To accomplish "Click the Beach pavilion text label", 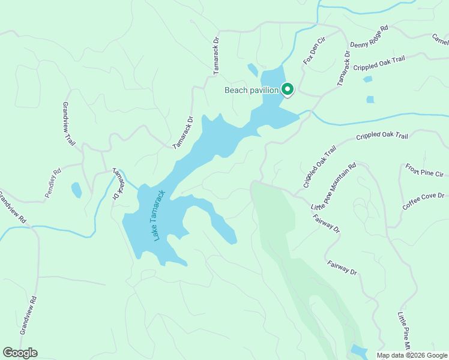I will (251, 91).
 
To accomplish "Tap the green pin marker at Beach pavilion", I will (287, 90).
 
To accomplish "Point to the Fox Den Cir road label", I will (313, 52).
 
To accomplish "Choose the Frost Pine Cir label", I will (424, 172).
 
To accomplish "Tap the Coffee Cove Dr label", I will (424, 202).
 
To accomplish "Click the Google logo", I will (20, 353).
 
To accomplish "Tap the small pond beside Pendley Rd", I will (76, 190).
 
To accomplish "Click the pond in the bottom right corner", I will (358, 351).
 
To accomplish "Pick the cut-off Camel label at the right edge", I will (440, 40).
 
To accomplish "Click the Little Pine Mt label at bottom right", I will (404, 331).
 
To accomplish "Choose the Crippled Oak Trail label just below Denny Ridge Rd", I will (379, 64).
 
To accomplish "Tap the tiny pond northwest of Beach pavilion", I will (253, 70).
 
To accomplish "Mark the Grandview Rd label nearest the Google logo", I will (28, 316).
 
